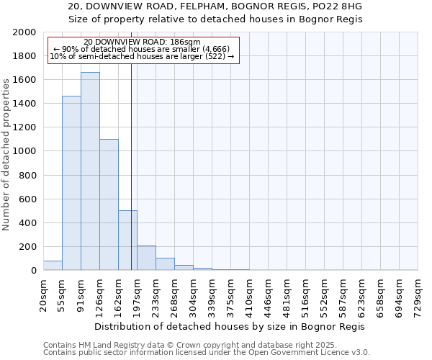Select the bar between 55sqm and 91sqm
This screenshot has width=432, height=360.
(71, 184)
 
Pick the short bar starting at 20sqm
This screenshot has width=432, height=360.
(53, 266)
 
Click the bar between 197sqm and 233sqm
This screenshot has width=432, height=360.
(146, 258)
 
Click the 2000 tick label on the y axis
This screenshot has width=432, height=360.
(24, 32)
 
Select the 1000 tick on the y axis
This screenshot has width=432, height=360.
(24, 151)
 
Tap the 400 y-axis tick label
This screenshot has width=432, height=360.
(27, 223)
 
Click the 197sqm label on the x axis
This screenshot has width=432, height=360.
(137, 294)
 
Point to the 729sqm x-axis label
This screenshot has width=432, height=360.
(418, 294)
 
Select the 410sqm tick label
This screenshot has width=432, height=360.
(249, 294)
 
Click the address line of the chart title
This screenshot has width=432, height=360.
(215, 6)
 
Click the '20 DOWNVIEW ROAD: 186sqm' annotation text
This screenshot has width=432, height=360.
(142, 42)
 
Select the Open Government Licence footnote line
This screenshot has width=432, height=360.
(207, 353)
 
